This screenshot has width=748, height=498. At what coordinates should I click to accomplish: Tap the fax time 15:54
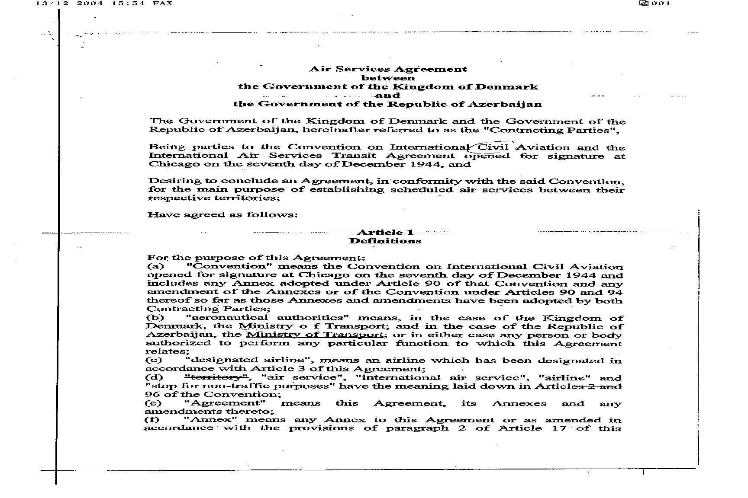129,3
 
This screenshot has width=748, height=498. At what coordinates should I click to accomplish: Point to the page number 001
661,3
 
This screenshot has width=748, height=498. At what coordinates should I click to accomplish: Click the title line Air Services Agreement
388,69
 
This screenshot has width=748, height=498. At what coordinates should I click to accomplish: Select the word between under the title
388,78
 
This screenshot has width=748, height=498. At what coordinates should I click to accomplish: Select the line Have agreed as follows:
222,215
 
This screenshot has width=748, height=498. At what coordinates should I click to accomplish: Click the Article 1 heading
385,233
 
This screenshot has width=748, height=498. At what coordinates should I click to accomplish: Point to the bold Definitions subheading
385,241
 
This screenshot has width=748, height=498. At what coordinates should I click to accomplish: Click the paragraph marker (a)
155,267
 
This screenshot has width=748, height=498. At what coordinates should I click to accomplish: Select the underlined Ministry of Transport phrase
314,335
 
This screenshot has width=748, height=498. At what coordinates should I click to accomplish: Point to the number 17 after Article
559,428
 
